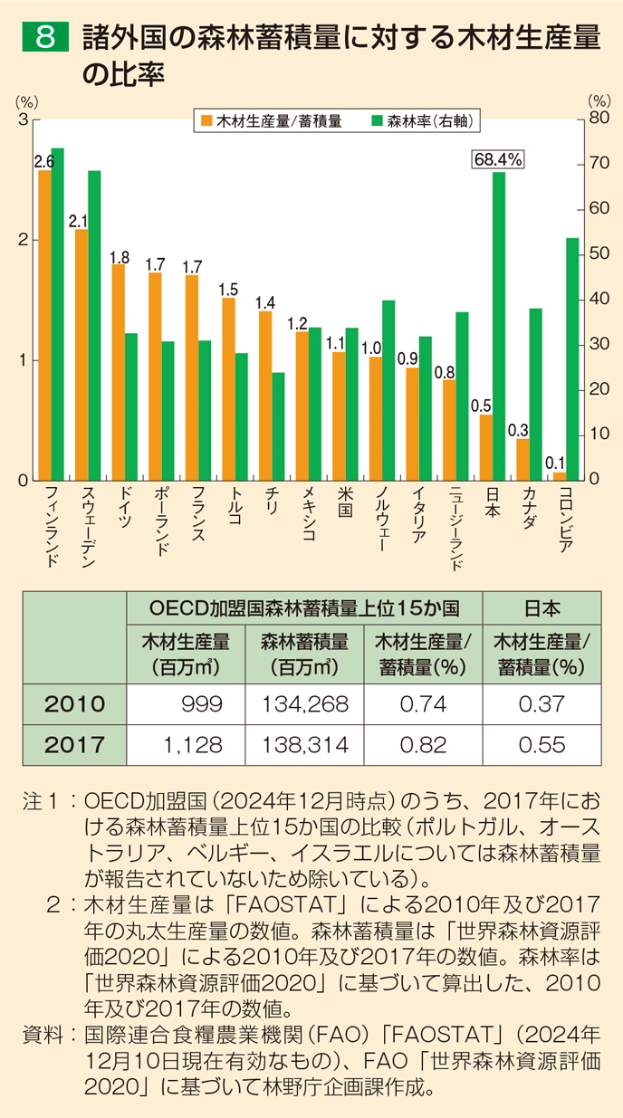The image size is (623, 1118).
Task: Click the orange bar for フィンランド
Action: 45,324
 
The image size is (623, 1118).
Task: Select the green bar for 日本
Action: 499,326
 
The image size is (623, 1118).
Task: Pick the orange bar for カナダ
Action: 522,459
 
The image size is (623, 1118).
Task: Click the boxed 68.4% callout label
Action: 498,159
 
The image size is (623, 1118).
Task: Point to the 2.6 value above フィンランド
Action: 43,161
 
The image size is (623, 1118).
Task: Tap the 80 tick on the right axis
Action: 598,118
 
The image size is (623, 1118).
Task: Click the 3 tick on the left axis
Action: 24,119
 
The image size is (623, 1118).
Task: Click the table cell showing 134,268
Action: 304,704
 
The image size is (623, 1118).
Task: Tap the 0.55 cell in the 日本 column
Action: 541,745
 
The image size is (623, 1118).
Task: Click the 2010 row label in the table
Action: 74,704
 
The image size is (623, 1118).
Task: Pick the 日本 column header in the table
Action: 541,607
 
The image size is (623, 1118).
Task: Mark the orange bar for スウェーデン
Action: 81,354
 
